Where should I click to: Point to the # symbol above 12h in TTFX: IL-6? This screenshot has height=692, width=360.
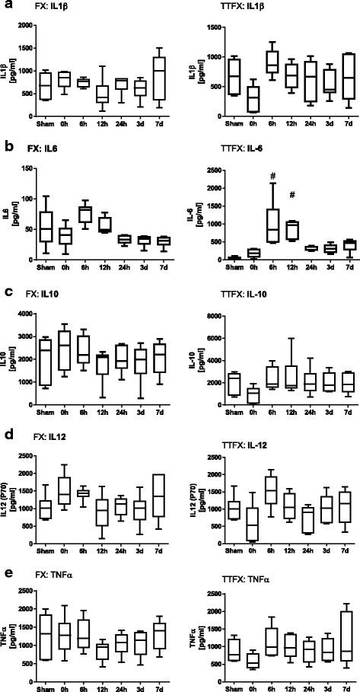[x=269, y=194]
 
